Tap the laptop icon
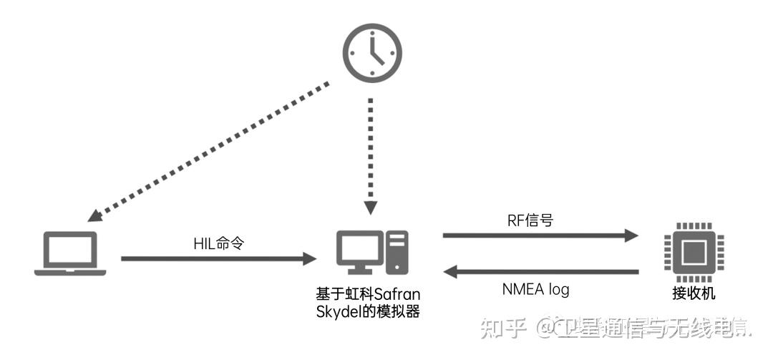70,254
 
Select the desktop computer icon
371,253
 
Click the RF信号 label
529,220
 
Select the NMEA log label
535,289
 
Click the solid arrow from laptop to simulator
218,258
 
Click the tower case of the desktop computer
397,253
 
